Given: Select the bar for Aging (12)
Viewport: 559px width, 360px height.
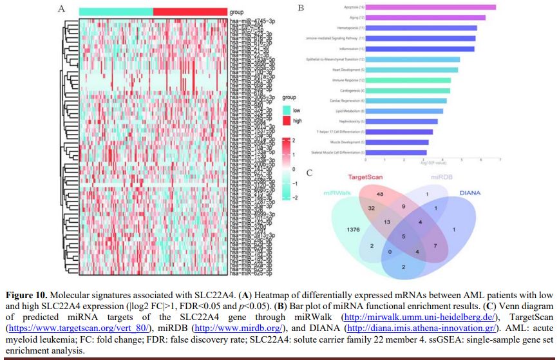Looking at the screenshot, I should [424, 17].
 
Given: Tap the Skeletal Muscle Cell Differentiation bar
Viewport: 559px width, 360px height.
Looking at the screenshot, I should [395, 153].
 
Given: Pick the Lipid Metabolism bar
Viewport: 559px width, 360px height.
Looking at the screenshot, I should [403, 111].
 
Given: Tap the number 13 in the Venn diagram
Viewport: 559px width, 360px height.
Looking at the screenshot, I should [386, 222].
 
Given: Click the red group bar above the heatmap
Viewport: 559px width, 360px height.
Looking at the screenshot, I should [190, 12].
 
